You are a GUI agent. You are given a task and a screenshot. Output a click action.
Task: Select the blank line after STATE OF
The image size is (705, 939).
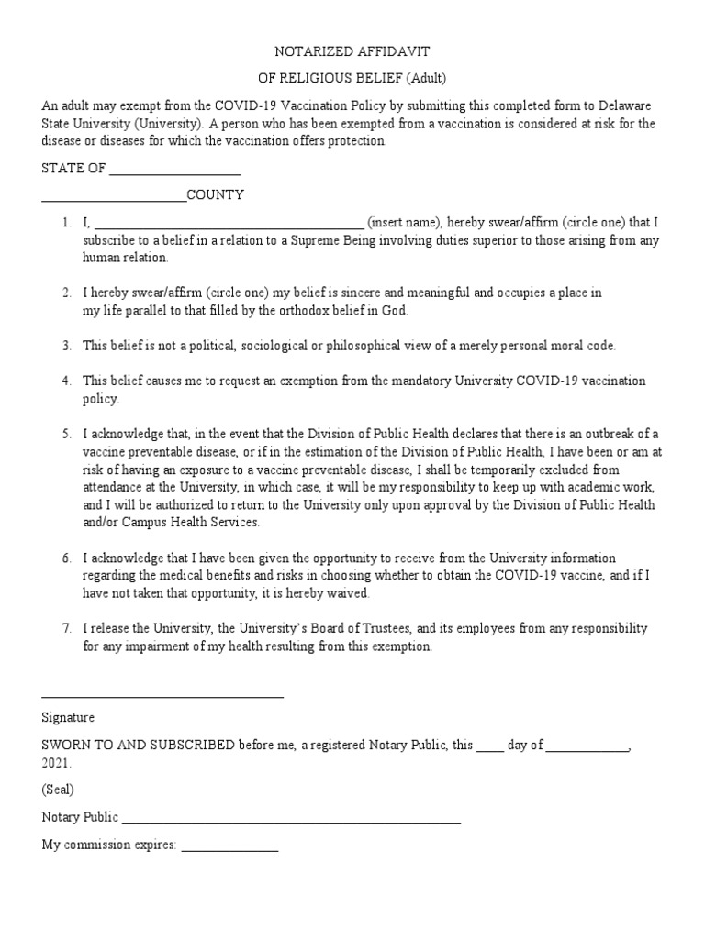[174, 170]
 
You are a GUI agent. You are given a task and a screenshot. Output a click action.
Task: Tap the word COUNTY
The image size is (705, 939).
[216, 195]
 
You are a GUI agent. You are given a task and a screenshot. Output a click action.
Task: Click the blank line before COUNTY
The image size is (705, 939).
[114, 196]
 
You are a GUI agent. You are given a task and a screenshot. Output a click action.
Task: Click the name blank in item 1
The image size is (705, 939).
[229, 223]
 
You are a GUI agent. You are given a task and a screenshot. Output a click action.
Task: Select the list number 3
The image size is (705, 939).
[67, 346]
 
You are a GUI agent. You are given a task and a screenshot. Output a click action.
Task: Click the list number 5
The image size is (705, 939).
[67, 434]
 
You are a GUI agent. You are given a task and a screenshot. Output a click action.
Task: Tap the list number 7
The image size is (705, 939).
[67, 629]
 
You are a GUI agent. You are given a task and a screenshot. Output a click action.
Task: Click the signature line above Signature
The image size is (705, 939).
[162, 696]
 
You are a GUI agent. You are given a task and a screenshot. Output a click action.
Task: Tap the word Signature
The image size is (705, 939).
[68, 718]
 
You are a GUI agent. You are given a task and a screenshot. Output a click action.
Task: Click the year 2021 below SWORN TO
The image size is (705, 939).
[54, 763]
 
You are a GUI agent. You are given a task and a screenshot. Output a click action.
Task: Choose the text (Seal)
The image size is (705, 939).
[58, 790]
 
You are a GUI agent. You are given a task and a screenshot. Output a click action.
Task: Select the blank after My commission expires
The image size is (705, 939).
[229, 848]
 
